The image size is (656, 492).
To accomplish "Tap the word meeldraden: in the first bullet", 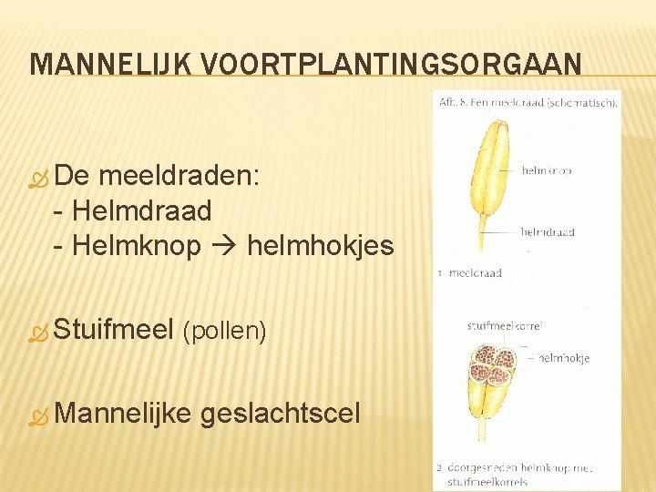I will [x=179, y=176].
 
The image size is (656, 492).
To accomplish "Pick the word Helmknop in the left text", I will [x=136, y=246].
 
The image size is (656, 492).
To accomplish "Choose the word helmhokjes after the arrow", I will [x=320, y=246].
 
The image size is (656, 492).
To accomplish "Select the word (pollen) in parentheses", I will [x=225, y=331].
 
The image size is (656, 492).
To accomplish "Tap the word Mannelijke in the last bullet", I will [x=123, y=415].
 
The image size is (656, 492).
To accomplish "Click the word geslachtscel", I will [x=280, y=415].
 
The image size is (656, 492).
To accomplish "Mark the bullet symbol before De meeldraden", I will [x=37, y=179].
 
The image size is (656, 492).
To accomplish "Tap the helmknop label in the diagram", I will [x=547, y=169].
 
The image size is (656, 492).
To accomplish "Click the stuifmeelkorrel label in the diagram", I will [x=492, y=325].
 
